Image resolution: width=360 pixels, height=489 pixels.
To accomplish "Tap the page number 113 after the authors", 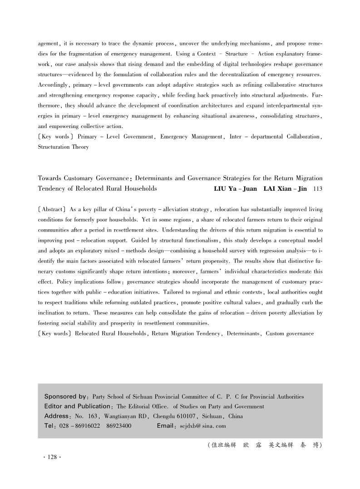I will point(318,188).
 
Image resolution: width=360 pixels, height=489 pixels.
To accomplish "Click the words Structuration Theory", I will point(63,147).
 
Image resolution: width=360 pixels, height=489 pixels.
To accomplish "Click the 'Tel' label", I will point(49,426).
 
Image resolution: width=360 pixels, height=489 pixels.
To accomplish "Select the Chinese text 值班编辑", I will point(222,445).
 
